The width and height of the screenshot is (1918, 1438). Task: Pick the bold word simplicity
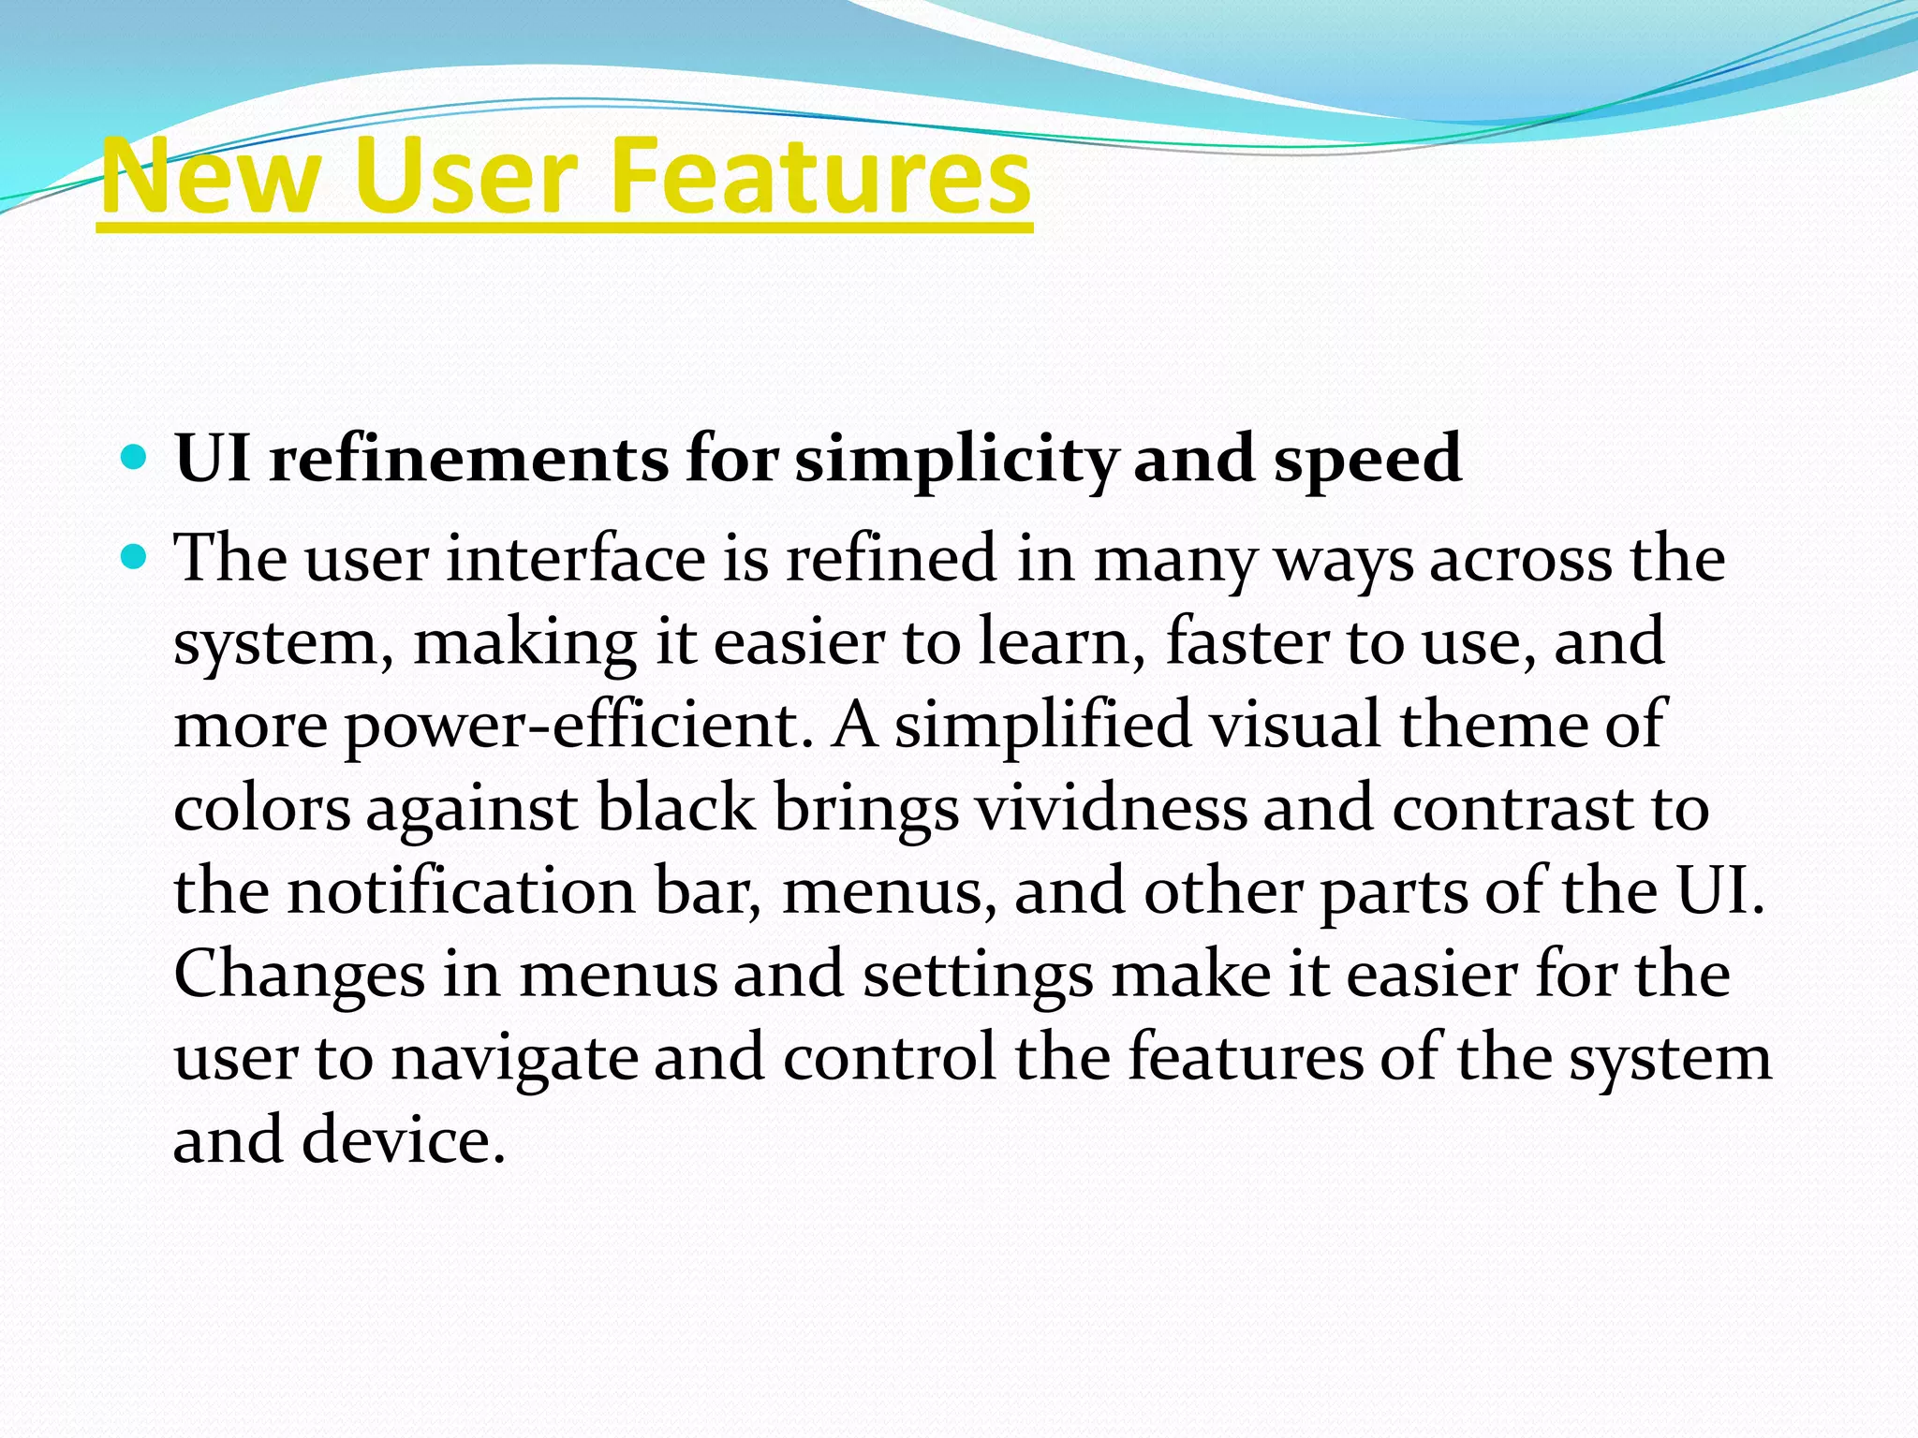pyautogui.click(x=956, y=461)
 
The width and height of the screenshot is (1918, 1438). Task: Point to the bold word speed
pyautogui.click(x=1366, y=461)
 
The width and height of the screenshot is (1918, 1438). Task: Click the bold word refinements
pyautogui.click(x=468, y=459)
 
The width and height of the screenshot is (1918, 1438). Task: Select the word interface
pyautogui.click(x=575, y=559)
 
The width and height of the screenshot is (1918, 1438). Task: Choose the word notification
pyautogui.click(x=462, y=891)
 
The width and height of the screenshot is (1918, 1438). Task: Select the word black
pyautogui.click(x=675, y=809)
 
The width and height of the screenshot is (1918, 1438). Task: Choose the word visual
pyautogui.click(x=1296, y=725)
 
